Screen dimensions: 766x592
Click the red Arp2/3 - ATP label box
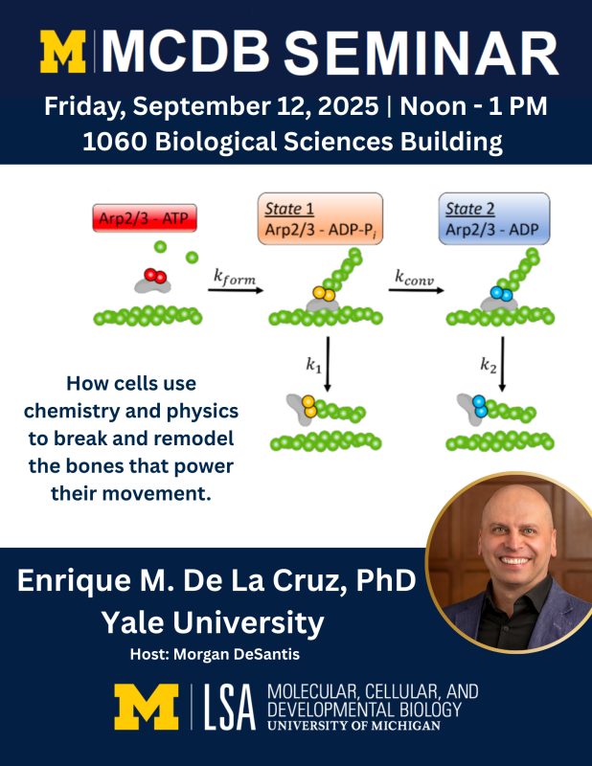pyautogui.click(x=145, y=218)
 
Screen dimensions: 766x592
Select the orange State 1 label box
pyautogui.click(x=320, y=218)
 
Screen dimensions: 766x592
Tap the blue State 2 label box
pyautogui.click(x=494, y=218)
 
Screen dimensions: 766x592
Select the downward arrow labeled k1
pyautogui.click(x=329, y=362)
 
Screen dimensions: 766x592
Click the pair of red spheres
pyautogui.click(x=153, y=276)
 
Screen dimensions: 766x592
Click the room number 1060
pyautogui.click(x=115, y=143)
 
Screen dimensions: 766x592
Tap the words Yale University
pyautogui.click(x=214, y=623)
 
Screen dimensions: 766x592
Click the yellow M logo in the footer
pyautogui.click(x=146, y=707)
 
